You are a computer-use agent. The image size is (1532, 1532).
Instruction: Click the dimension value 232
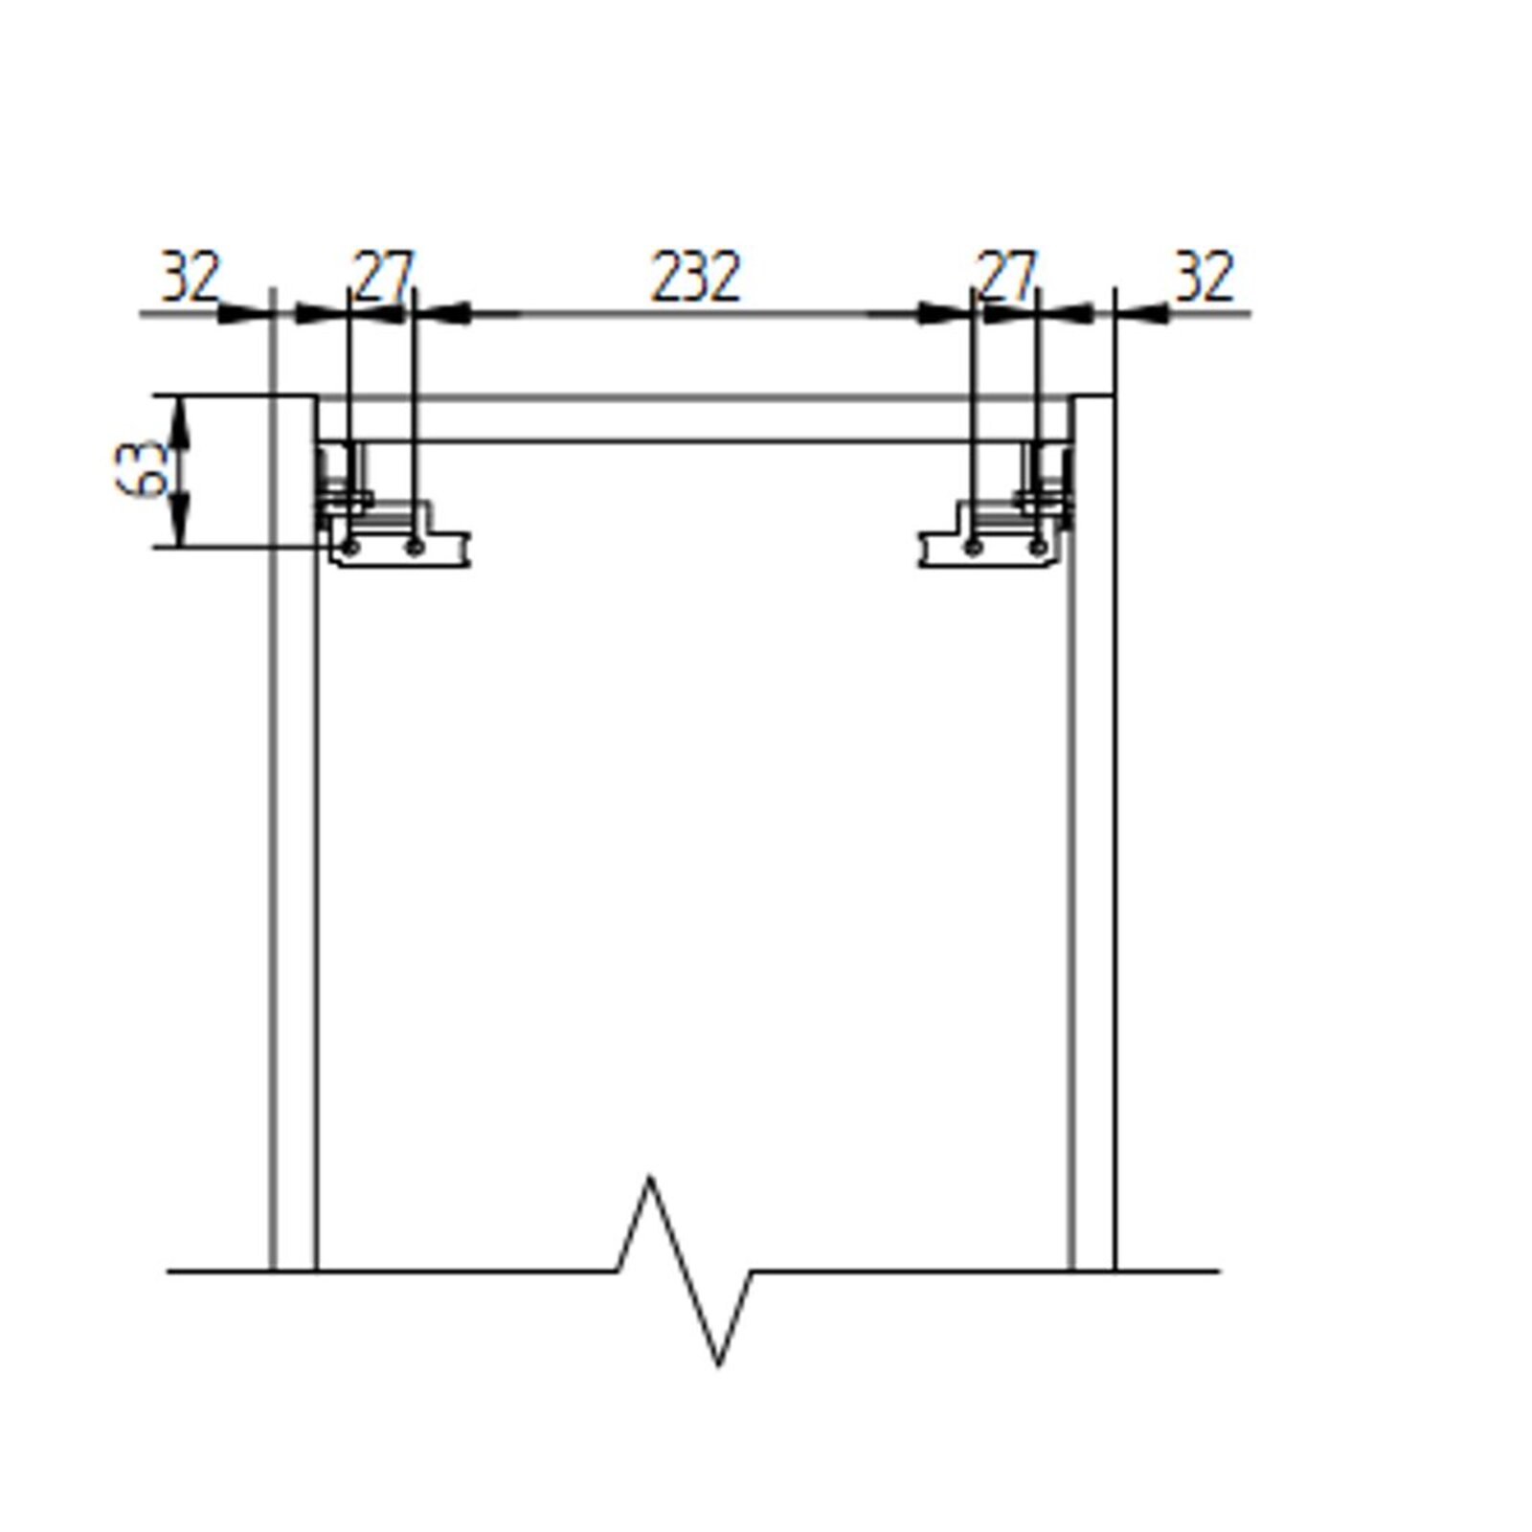(x=696, y=277)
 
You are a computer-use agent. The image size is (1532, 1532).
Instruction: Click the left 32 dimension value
(x=190, y=277)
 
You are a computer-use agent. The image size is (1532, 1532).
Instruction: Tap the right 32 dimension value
(x=1204, y=277)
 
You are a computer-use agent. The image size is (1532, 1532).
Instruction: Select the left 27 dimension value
(x=382, y=277)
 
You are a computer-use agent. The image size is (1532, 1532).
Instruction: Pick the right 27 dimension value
(x=1004, y=277)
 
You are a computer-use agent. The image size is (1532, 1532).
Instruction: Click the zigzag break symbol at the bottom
(x=684, y=1270)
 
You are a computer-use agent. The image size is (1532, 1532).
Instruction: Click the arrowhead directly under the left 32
(x=245, y=313)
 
